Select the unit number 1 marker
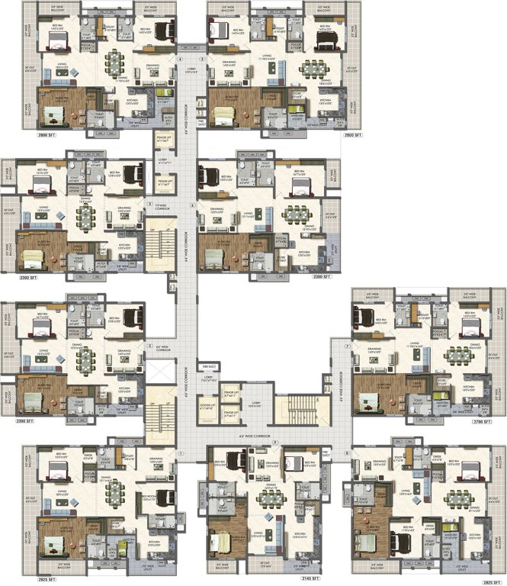180,454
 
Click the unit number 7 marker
347,346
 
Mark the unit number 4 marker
180,58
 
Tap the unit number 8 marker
347,453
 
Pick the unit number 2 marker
149,346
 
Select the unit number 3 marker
149,204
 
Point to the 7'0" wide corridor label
162,206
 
